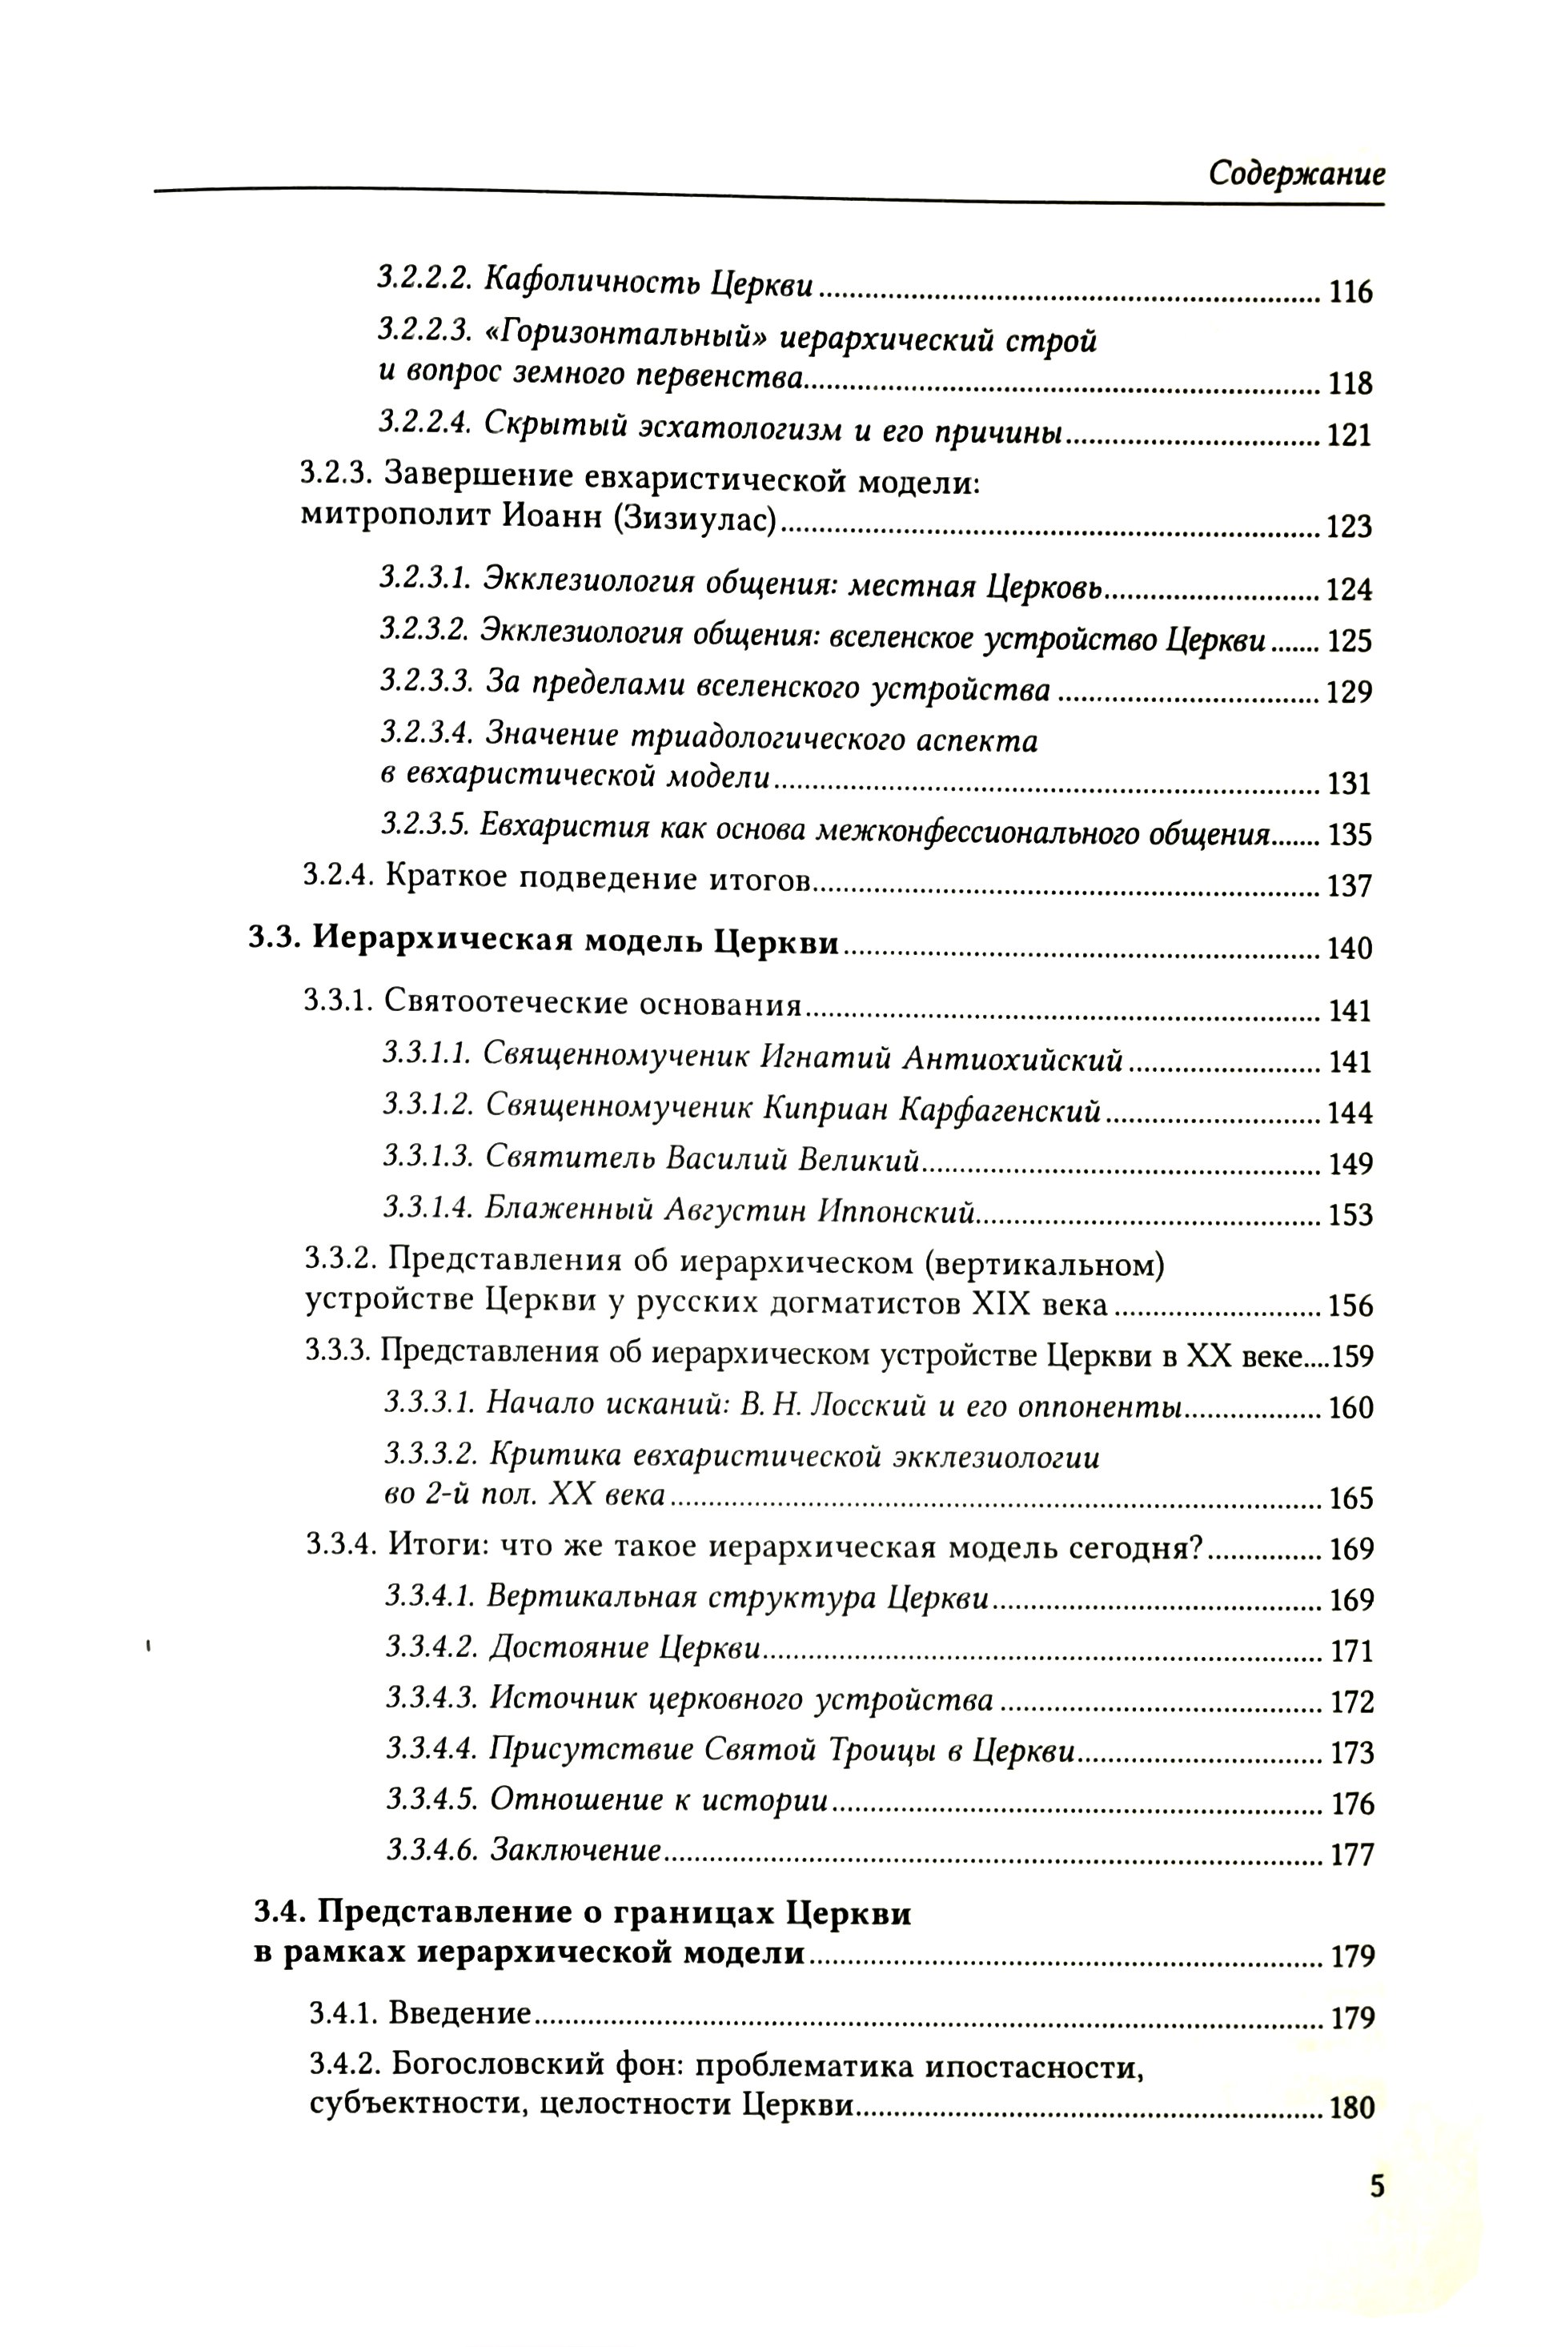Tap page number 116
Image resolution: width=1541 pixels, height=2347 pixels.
(x=1350, y=292)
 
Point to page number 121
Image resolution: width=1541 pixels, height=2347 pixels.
(x=1350, y=435)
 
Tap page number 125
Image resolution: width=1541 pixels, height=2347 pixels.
(x=1350, y=642)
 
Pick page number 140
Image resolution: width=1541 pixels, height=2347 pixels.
(x=1350, y=949)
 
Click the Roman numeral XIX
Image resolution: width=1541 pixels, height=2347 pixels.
(x=1005, y=1305)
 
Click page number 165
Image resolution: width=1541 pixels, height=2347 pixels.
(x=1350, y=1499)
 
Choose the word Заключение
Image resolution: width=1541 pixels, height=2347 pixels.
(x=574, y=1851)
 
